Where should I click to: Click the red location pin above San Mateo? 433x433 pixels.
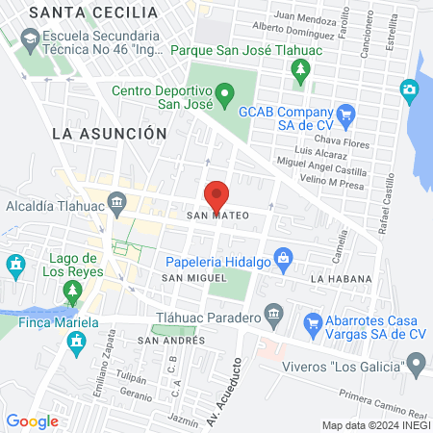point(216,193)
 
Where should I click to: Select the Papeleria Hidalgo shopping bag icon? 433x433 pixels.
point(283,257)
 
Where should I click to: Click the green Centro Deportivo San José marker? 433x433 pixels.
point(225,94)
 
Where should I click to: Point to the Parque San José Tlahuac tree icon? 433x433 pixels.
point(300,69)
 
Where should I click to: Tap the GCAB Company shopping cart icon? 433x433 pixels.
point(347,114)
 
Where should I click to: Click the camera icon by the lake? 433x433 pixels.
point(411,91)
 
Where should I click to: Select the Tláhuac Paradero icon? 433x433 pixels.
point(273,315)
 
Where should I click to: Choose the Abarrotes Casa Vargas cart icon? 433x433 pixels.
point(312,323)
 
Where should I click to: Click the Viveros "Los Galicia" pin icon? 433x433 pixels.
point(416,364)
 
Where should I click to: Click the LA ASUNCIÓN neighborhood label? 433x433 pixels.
point(110,133)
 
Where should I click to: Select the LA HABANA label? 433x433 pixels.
point(341,278)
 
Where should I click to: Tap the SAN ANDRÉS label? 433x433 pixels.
point(166,341)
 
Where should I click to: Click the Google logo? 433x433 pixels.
point(32,420)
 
